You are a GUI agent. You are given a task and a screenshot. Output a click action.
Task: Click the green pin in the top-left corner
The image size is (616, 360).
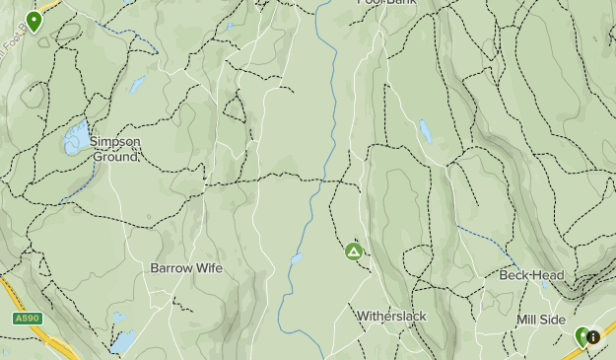(34, 21)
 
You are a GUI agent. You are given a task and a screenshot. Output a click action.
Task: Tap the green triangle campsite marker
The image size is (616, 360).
(354, 252)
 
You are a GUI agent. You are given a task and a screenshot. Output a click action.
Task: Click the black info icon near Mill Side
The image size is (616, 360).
(593, 337)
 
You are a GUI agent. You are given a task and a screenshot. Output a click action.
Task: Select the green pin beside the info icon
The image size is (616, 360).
(582, 337)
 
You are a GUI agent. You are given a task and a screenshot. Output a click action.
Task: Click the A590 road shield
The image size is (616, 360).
(27, 319)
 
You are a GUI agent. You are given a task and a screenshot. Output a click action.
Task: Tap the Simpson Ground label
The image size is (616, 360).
(115, 148)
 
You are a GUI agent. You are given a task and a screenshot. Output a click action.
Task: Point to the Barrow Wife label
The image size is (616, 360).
(186, 268)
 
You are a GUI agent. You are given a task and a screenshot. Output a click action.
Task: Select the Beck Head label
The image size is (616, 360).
(523, 275)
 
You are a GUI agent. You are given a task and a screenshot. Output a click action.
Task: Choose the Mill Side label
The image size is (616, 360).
(541, 321)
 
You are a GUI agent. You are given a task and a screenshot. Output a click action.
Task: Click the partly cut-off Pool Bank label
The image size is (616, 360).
(386, 3)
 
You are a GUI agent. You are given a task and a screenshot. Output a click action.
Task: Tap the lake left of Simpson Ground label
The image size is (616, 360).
(75, 140)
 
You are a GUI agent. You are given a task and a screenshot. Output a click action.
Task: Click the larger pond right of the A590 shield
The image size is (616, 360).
(123, 341)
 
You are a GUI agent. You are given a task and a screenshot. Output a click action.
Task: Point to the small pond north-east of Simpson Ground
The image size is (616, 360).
(137, 85)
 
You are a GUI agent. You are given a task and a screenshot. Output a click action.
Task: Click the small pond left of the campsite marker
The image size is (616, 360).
(296, 259)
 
